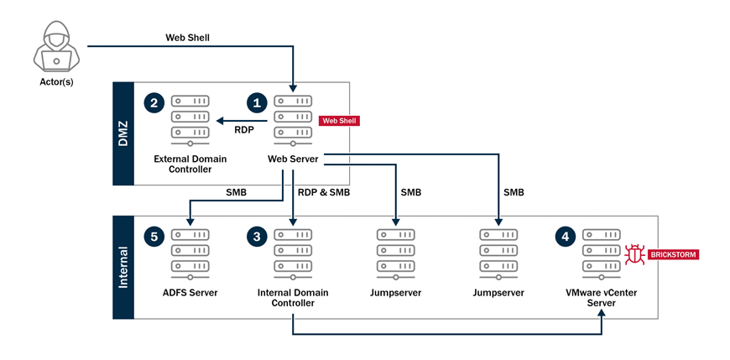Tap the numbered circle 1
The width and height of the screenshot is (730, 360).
[x=256, y=103]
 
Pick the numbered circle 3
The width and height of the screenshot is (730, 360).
[x=256, y=237]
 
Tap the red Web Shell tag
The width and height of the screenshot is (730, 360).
[x=339, y=121]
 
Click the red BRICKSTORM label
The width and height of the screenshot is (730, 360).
[x=672, y=254]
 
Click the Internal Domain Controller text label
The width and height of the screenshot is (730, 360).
[x=292, y=298]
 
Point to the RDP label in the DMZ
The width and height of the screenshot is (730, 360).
[x=244, y=130]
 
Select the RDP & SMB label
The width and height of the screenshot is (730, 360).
[x=323, y=192]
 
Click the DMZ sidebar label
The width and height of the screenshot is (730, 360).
[x=123, y=133]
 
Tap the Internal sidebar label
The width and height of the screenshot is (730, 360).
[x=123, y=267]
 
